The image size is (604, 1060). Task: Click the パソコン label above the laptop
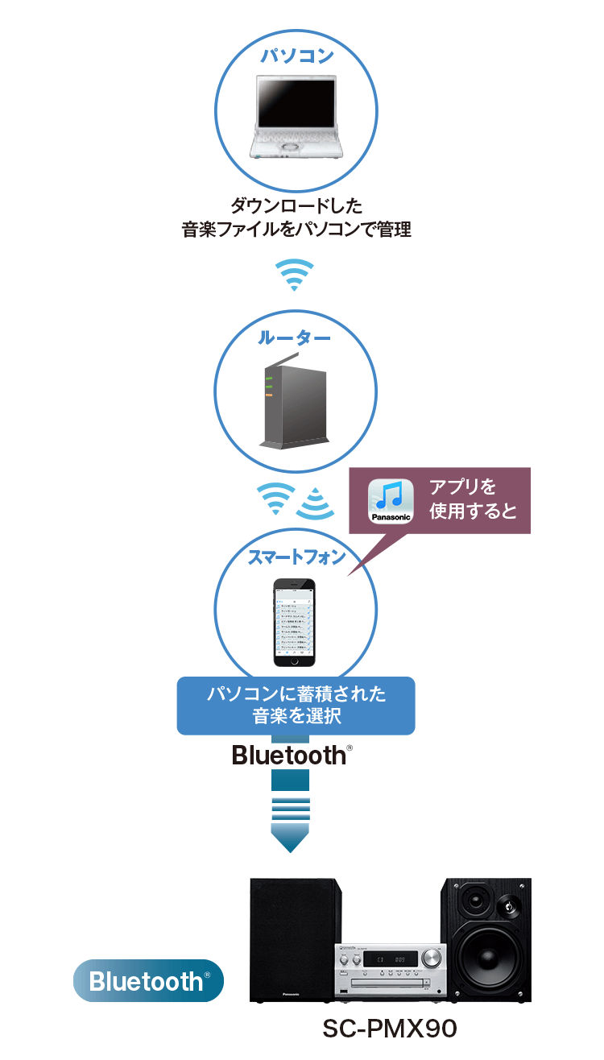(296, 56)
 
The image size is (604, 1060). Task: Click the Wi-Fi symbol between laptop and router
(294, 275)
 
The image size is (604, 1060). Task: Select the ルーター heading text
(295, 338)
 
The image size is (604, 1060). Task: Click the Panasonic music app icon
(390, 502)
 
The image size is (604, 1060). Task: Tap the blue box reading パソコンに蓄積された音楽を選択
(296, 705)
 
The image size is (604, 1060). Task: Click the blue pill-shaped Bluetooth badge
(148, 980)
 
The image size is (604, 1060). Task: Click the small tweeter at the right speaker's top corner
(511, 906)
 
